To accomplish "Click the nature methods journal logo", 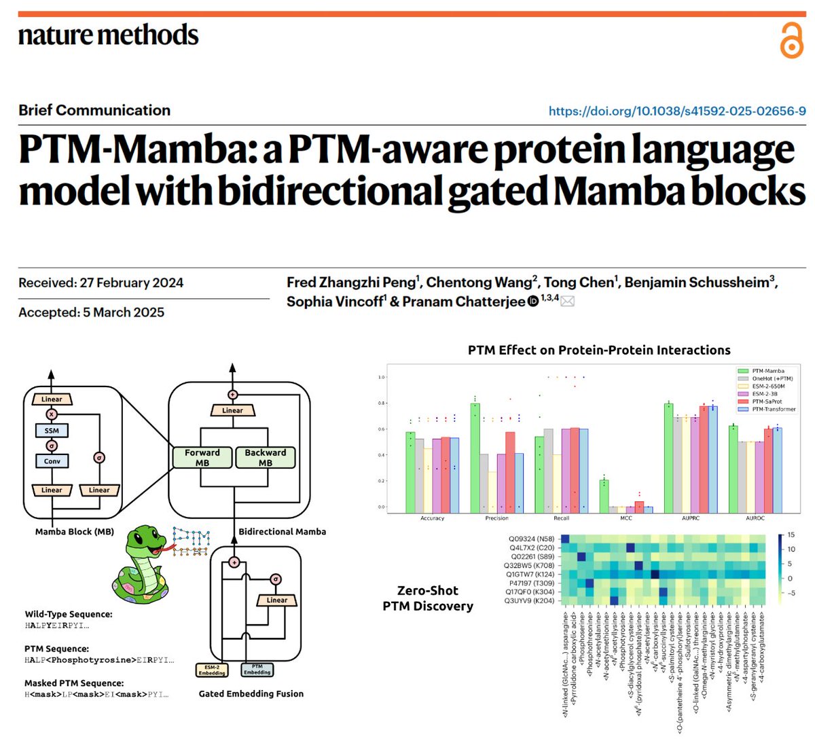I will click(x=109, y=35).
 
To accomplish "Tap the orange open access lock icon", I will click(x=791, y=40).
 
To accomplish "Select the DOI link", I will click(x=677, y=111).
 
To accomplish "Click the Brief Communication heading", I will click(x=94, y=110).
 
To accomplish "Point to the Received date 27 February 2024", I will click(x=101, y=283).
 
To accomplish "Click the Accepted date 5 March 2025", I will click(x=92, y=312).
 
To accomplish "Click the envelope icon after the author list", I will click(x=567, y=302).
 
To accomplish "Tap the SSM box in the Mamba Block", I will click(x=52, y=431).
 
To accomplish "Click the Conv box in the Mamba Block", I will click(x=52, y=461).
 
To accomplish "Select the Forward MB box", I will click(x=202, y=457).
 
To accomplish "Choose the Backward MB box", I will click(x=266, y=457).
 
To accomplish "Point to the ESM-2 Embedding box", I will click(x=212, y=670).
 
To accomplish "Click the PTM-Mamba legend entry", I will click(x=767, y=371).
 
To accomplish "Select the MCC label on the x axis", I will click(x=626, y=518).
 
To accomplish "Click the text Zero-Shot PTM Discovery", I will click(x=428, y=598).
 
